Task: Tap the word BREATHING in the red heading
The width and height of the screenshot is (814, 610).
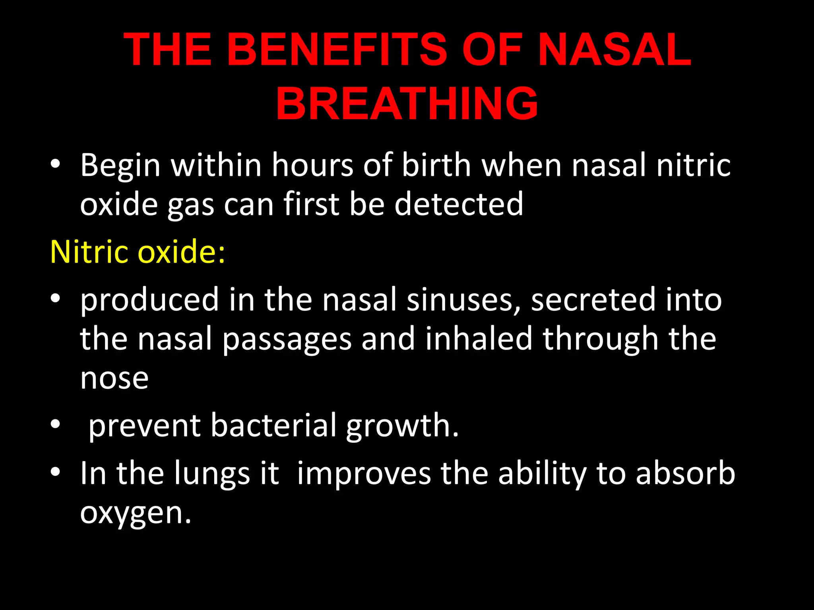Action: (x=407, y=104)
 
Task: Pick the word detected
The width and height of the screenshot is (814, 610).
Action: (x=459, y=204)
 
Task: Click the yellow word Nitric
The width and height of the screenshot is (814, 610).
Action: (x=89, y=252)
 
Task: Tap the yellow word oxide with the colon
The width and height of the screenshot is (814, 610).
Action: (x=181, y=252)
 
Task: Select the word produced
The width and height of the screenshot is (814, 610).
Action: (x=149, y=300)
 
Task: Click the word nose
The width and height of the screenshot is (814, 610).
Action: (x=114, y=379)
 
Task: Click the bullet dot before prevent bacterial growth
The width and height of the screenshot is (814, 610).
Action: (x=55, y=424)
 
